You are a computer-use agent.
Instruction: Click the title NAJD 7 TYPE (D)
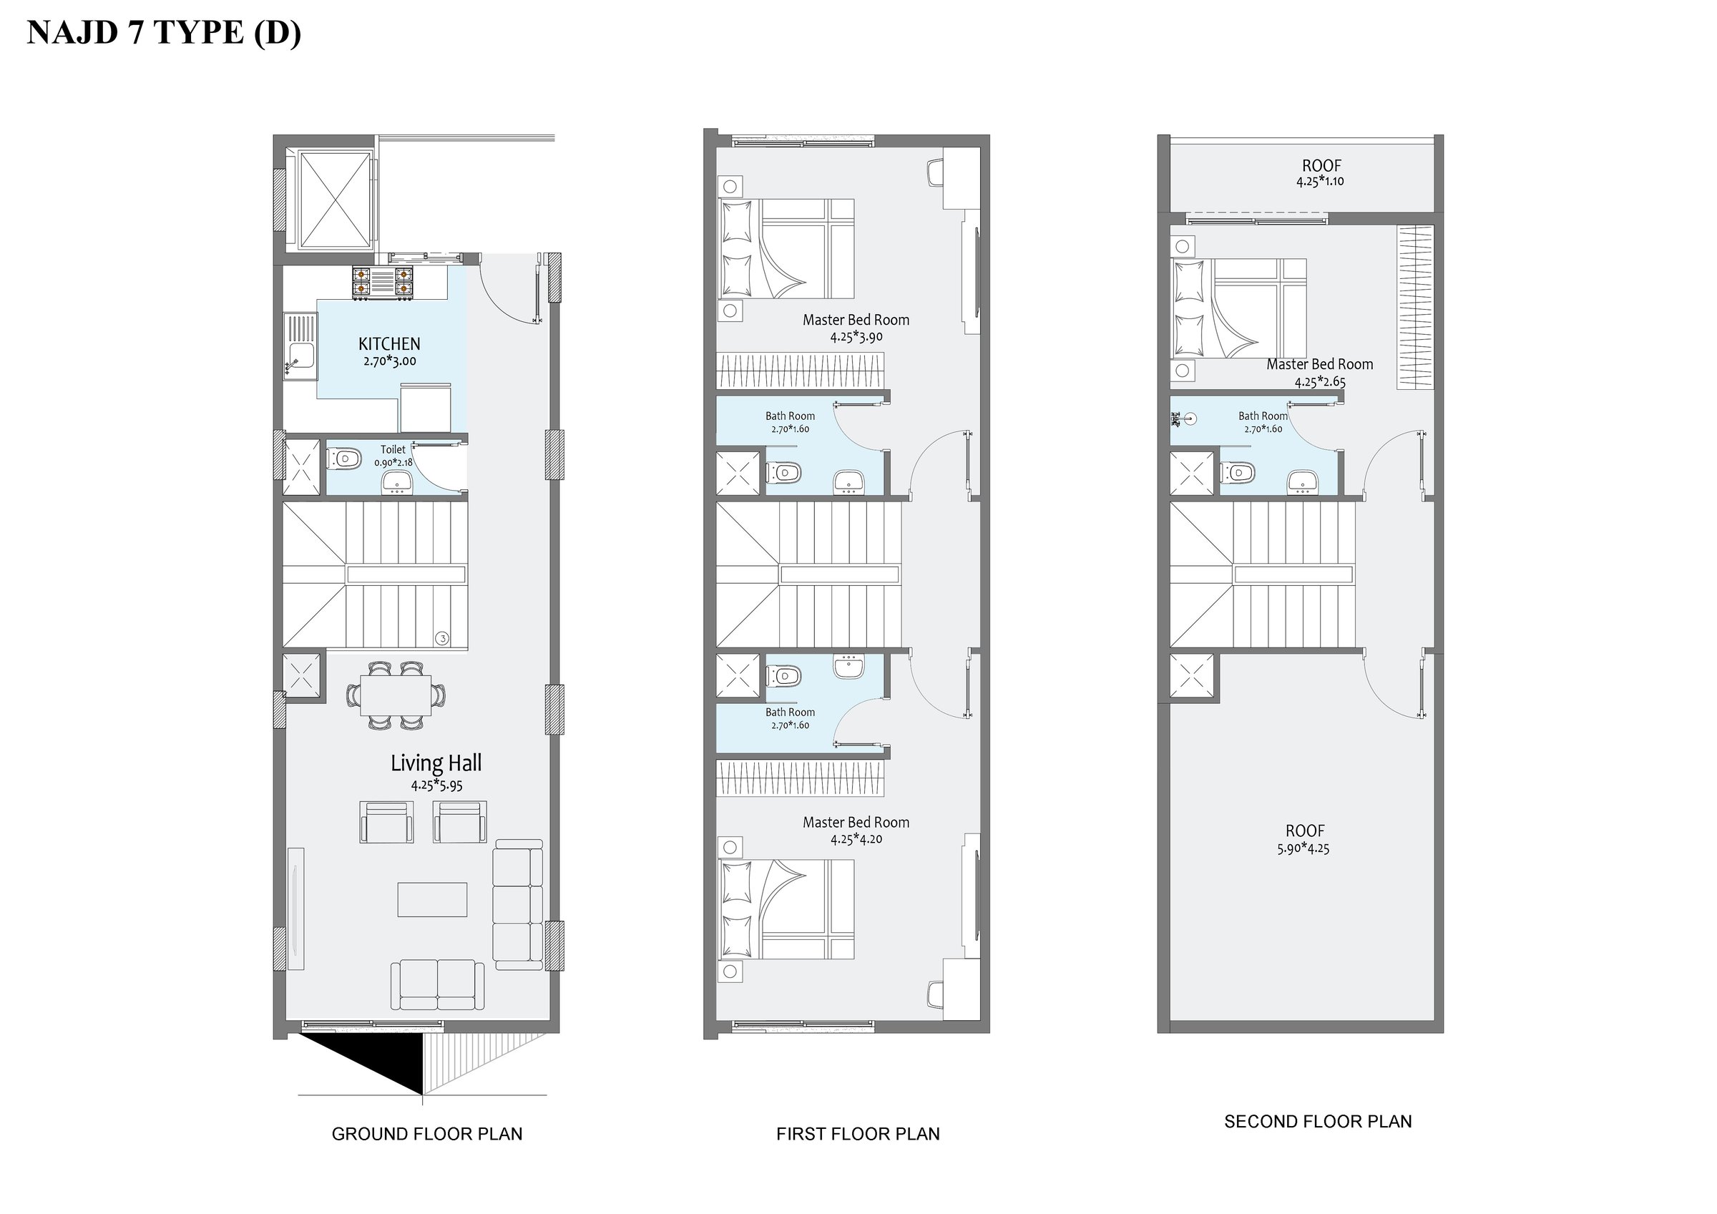[x=164, y=33]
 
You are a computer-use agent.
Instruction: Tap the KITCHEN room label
[x=389, y=344]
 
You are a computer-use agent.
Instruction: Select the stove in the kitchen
[x=382, y=284]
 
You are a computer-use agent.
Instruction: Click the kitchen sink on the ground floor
[x=300, y=347]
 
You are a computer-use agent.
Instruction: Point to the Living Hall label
[x=436, y=763]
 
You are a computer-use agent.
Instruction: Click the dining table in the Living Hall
[x=396, y=696]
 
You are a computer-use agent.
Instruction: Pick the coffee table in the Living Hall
[x=432, y=899]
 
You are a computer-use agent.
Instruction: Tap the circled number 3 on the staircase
[x=443, y=638]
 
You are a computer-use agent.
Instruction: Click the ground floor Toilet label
[x=393, y=449]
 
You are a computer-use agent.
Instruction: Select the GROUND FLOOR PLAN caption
[x=427, y=1134]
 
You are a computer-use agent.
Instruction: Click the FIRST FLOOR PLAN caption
[x=858, y=1134]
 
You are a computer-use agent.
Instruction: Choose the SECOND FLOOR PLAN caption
[x=1318, y=1121]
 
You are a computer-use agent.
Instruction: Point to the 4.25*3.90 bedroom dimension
[x=856, y=337]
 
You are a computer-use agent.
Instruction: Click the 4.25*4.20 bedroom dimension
[x=856, y=839]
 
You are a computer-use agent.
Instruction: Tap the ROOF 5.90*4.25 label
[x=1305, y=839]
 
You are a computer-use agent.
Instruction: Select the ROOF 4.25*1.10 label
[x=1321, y=173]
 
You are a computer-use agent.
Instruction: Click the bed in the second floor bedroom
[x=1238, y=308]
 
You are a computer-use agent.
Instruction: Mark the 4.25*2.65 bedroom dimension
[x=1320, y=381]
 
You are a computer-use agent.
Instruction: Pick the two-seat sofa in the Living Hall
[x=437, y=986]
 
